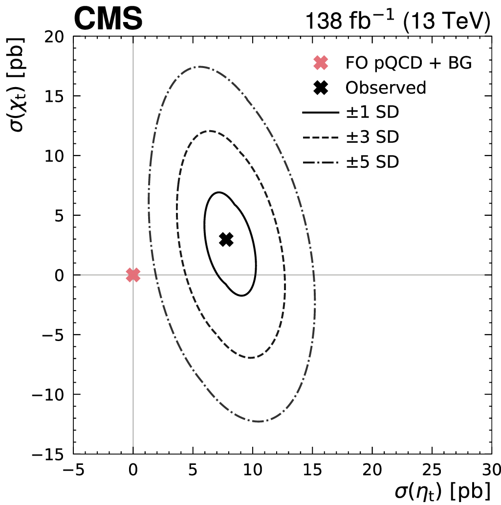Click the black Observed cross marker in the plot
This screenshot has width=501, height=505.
226,239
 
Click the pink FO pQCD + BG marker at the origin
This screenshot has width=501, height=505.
133,275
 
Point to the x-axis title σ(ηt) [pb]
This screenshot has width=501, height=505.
443,491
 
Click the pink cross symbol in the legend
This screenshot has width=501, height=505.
321,63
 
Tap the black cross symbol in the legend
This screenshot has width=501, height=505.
321,88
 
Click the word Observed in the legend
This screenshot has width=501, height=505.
386,88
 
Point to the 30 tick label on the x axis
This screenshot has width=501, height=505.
491,468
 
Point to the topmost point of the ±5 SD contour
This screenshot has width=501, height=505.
199,67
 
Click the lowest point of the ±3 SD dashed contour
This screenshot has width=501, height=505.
250,358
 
